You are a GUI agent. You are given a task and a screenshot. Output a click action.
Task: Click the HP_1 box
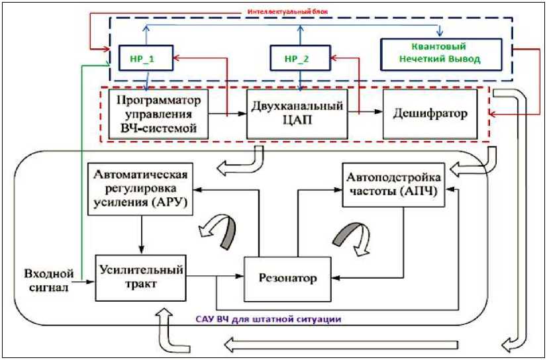click(x=146, y=58)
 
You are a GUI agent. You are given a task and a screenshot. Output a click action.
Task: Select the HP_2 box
click(x=301, y=58)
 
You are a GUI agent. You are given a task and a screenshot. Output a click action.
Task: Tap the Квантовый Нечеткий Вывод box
click(x=441, y=54)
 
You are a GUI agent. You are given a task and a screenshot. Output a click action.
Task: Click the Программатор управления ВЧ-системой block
click(x=158, y=114)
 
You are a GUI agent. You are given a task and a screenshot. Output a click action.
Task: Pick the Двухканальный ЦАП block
click(x=297, y=114)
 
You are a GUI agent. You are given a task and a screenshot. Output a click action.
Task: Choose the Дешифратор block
click(x=430, y=114)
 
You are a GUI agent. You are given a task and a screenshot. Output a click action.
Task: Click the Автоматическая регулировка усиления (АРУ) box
click(x=140, y=189)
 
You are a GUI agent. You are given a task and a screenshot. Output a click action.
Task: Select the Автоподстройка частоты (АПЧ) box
click(x=393, y=185)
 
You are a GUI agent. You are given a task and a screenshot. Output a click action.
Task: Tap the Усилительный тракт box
click(x=141, y=278)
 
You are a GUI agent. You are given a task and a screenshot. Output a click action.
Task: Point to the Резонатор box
click(x=288, y=279)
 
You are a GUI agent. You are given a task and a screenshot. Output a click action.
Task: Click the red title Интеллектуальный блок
click(x=288, y=11)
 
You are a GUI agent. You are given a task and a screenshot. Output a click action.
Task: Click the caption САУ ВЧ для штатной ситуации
click(x=268, y=318)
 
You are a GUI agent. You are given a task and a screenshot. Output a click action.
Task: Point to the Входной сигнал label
click(x=49, y=280)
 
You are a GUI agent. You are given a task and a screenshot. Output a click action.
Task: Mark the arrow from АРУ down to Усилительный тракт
click(x=141, y=235)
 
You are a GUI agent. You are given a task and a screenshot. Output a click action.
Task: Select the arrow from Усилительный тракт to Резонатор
click(x=215, y=277)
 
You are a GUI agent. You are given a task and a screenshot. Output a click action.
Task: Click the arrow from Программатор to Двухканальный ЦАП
click(x=227, y=113)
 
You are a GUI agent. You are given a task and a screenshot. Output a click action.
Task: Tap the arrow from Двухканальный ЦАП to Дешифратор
click(x=366, y=112)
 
